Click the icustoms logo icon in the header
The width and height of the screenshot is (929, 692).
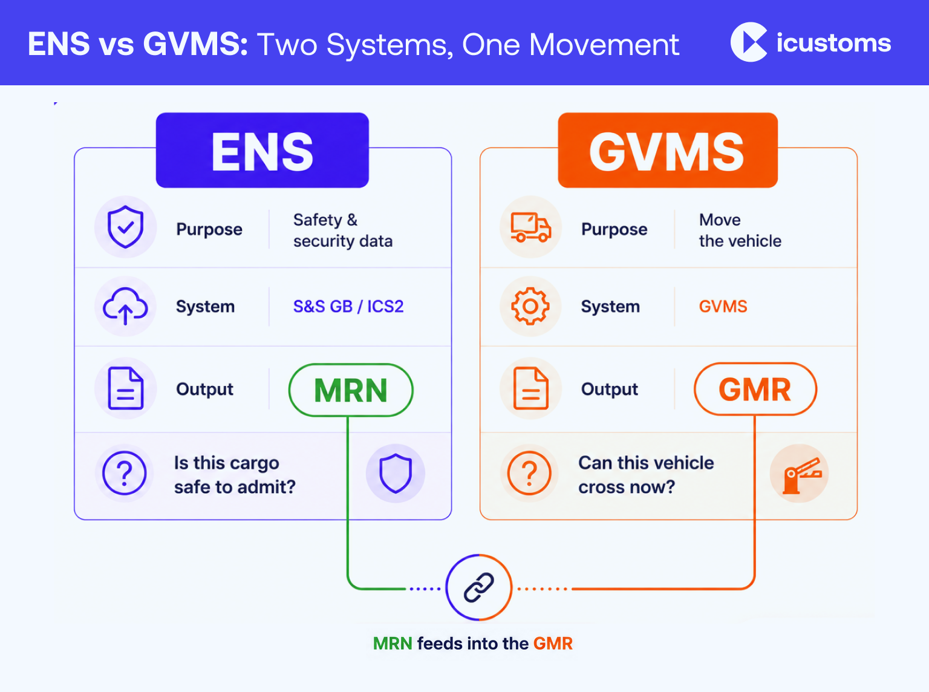click(x=749, y=42)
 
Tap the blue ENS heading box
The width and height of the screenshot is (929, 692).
click(x=262, y=150)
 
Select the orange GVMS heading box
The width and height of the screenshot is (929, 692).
click(x=668, y=150)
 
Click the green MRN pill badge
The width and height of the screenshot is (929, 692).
click(x=351, y=390)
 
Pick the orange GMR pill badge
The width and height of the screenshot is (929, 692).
click(x=755, y=389)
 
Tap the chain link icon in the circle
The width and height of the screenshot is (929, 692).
click(x=479, y=587)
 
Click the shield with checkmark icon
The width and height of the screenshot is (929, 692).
click(x=125, y=227)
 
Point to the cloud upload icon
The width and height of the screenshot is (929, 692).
click(x=125, y=306)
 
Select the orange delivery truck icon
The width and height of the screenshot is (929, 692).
click(x=530, y=227)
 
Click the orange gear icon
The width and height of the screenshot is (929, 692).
click(x=530, y=306)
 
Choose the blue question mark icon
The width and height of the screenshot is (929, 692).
click(x=125, y=474)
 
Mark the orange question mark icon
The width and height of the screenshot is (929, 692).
click(x=529, y=474)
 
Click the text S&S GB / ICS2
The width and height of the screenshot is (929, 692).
click(x=348, y=307)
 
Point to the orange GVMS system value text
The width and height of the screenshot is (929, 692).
click(x=723, y=307)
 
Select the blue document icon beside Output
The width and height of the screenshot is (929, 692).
click(x=126, y=388)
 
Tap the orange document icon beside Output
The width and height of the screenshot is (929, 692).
click(x=530, y=388)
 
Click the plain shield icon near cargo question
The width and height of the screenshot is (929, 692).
click(x=396, y=474)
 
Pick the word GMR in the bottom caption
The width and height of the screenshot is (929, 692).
click(x=553, y=644)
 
